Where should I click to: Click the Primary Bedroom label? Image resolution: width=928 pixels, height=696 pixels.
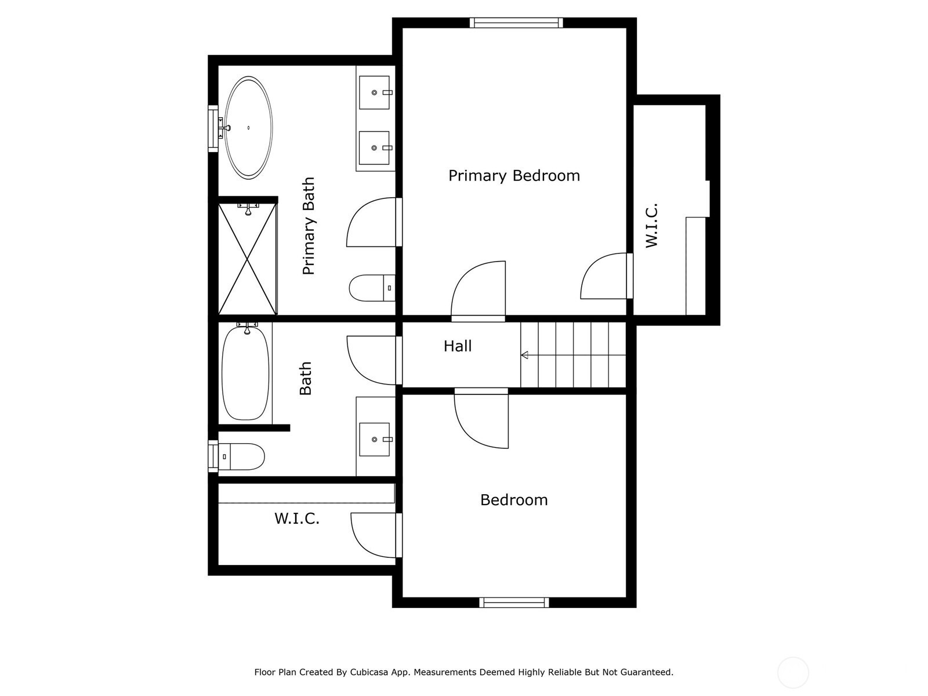[x=514, y=176]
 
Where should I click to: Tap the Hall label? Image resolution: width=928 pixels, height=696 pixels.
[x=458, y=346]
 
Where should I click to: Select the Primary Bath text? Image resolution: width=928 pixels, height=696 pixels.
[x=309, y=226]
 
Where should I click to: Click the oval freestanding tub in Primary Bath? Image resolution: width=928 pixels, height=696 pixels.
[x=249, y=127]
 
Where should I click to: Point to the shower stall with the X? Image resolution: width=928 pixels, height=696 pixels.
[x=247, y=259]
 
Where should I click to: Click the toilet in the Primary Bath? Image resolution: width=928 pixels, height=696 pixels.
[x=372, y=288]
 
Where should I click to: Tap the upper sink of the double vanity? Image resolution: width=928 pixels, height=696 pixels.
[x=374, y=93]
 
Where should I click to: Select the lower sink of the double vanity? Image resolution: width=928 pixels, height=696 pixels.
[x=374, y=148]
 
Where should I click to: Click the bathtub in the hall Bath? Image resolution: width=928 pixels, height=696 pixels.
[x=245, y=373]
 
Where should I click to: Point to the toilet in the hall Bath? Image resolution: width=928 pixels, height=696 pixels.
[x=238, y=456]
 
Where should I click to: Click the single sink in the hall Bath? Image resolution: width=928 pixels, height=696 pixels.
[x=374, y=440]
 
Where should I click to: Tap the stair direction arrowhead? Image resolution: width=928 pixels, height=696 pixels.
[x=525, y=355]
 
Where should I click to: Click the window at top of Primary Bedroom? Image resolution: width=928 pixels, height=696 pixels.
[x=516, y=23]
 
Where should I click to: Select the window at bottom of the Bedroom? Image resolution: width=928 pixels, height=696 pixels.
[x=514, y=603]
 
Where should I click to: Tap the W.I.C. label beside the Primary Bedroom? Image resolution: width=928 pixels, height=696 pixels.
[x=651, y=226]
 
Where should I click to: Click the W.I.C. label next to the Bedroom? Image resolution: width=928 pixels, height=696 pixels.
[x=297, y=519]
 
